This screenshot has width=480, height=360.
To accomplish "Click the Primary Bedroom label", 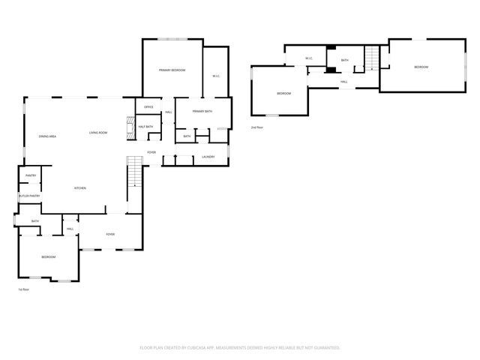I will [x=172, y=70].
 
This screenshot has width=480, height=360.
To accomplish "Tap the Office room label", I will [x=148, y=107].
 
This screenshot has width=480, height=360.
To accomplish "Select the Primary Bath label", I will [x=202, y=112].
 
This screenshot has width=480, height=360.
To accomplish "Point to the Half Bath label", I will [x=145, y=127].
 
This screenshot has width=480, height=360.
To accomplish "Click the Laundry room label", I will [x=208, y=157].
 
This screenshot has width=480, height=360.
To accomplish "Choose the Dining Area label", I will [x=48, y=136].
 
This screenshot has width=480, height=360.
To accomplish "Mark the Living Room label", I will [x=99, y=133].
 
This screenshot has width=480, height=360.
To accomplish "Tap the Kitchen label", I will [x=79, y=187].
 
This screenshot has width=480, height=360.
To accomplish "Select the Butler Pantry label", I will [x=29, y=196].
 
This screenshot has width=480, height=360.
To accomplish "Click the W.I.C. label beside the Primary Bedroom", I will [x=215, y=76].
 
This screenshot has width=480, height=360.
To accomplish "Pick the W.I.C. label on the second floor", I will [x=308, y=58].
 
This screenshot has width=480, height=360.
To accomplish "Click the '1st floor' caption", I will [x=24, y=289].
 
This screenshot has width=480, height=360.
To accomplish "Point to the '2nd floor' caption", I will [x=257, y=127].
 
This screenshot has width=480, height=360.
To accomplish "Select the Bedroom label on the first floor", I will [x=48, y=257].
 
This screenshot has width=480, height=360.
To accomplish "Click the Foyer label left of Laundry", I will [x=151, y=152].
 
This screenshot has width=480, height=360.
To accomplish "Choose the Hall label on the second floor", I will [x=343, y=82].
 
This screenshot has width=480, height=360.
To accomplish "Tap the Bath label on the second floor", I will [x=344, y=60].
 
